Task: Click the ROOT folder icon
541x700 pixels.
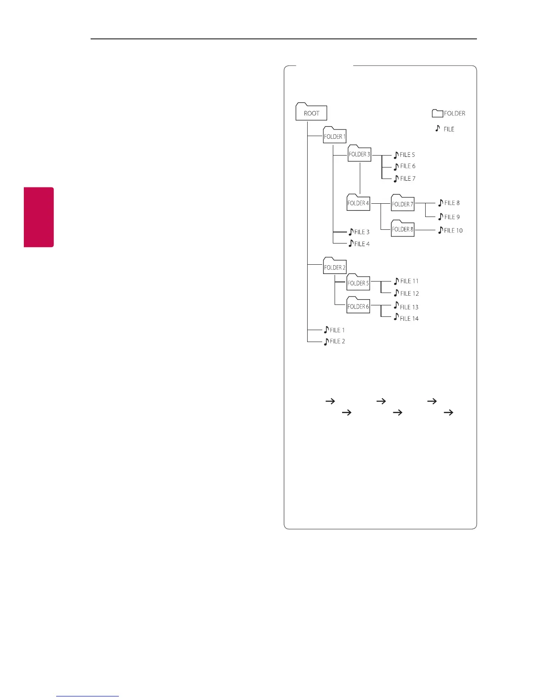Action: tap(311, 112)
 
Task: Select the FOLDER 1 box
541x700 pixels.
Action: tap(335, 136)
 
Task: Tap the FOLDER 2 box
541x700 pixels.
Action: tap(335, 266)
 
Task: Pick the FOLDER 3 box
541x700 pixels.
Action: tap(359, 154)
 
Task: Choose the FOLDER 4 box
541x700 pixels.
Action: tap(358, 203)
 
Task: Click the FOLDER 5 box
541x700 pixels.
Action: tap(358, 283)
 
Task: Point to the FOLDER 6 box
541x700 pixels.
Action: tap(358, 306)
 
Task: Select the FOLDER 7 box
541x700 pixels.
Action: tap(402, 203)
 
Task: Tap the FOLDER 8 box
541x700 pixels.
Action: tap(402, 229)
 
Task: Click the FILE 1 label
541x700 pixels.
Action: tap(337, 330)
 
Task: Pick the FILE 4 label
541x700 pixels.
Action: tap(362, 244)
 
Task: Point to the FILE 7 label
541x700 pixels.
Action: tap(408, 179)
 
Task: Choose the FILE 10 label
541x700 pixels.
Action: tap(453, 230)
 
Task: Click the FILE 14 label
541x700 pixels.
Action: tap(409, 319)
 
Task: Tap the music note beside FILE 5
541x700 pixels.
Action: tap(396, 155)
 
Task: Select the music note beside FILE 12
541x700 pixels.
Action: tap(396, 293)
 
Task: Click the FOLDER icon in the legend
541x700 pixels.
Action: tap(438, 113)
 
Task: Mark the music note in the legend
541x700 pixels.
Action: tap(438, 128)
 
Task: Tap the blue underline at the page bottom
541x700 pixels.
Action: tap(88, 696)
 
